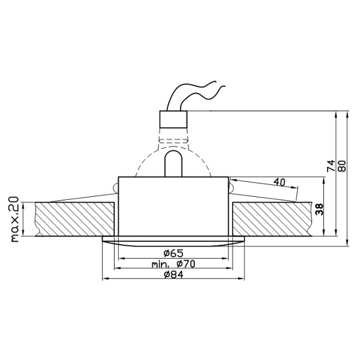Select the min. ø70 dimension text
click(x=174, y=263)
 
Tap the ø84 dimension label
click(x=174, y=275)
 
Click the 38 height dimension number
click(x=319, y=209)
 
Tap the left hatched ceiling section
click(x=75, y=219)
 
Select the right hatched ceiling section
click(x=270, y=220)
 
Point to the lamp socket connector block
click(x=173, y=124)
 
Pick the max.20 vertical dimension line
click(x=25, y=219)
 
